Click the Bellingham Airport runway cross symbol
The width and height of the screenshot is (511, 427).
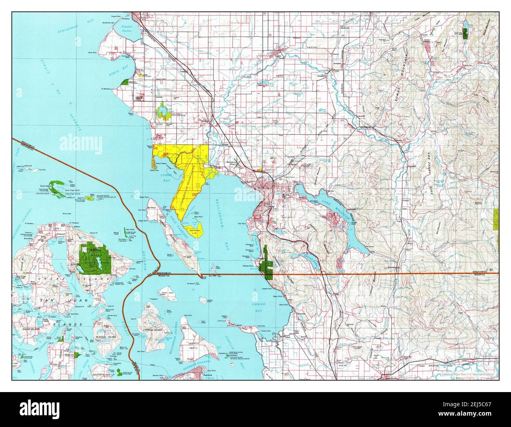[237, 164]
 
